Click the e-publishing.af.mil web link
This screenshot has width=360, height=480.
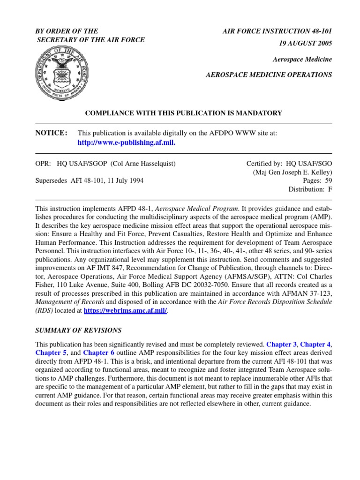coord(126,142)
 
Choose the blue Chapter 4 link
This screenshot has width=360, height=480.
coord(316,344)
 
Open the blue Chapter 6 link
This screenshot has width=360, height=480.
coord(99,352)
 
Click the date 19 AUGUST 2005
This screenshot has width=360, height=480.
coord(306,43)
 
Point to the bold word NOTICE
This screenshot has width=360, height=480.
coord(52,133)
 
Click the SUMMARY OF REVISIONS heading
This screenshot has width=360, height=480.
coord(79,330)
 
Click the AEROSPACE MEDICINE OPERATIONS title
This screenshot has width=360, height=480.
coord(270,75)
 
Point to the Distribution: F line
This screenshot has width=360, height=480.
coord(310,189)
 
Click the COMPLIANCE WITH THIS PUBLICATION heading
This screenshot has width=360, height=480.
coord(183,113)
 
